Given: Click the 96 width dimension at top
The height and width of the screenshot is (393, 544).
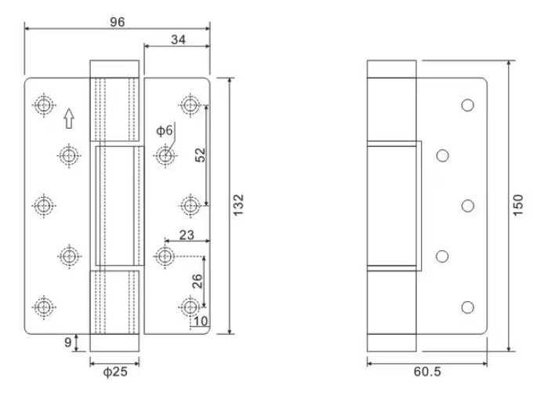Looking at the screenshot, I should [117, 21].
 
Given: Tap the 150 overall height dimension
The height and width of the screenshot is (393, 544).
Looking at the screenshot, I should [519, 206].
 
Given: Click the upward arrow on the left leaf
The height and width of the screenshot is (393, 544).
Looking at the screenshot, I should [68, 118].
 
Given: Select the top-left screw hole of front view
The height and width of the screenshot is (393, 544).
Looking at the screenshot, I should [43, 104].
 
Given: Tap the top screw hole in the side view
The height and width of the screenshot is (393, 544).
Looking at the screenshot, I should [468, 105].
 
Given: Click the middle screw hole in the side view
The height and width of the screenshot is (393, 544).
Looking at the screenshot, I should [468, 206].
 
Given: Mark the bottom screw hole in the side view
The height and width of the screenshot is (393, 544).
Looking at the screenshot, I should [468, 307].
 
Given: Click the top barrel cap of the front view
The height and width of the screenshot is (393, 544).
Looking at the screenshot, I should [114, 68].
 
